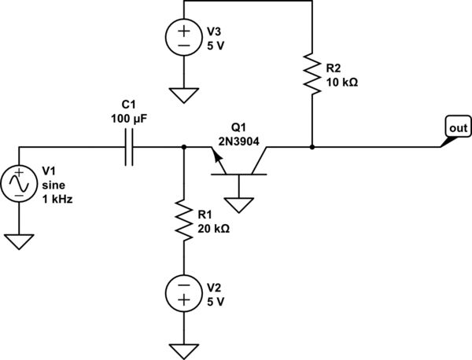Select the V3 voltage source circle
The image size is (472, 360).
[x=183, y=37]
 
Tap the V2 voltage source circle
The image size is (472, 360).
[x=183, y=292]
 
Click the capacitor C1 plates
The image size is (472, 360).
[x=130, y=147]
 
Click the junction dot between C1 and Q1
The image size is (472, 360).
[x=183, y=147]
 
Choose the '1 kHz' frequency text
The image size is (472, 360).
[x=57, y=199]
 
